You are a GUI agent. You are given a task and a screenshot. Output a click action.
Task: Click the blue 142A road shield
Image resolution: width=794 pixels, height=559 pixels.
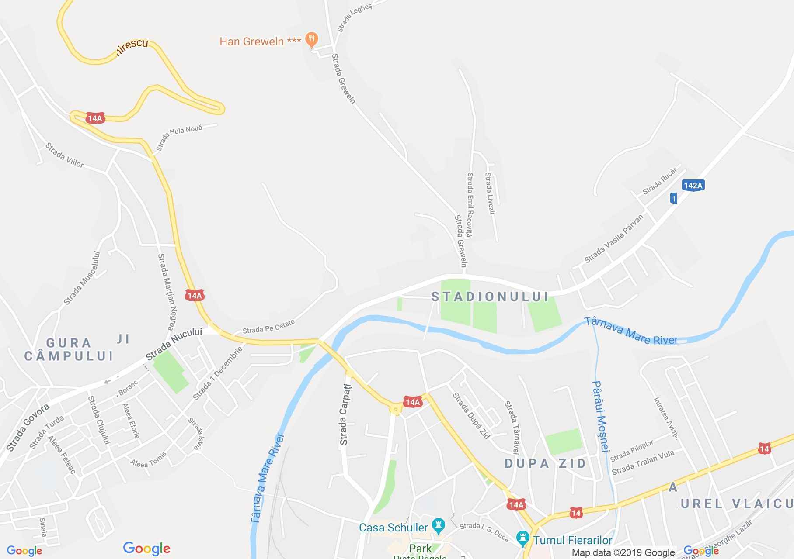tap(693, 185)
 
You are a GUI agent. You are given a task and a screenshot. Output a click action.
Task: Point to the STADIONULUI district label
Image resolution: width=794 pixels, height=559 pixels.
tap(490, 297)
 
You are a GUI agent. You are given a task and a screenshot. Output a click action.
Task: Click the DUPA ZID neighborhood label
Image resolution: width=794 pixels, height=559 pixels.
tap(546, 463)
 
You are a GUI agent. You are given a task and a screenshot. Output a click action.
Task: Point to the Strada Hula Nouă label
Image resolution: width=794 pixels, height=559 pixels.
tap(179, 137)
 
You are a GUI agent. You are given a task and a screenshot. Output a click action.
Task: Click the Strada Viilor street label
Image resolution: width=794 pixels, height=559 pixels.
tap(65, 155)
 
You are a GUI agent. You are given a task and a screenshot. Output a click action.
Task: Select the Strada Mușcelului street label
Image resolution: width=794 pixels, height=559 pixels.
tap(82, 278)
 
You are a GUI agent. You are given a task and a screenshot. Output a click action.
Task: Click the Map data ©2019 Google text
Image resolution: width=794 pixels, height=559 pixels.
tap(623, 553)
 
